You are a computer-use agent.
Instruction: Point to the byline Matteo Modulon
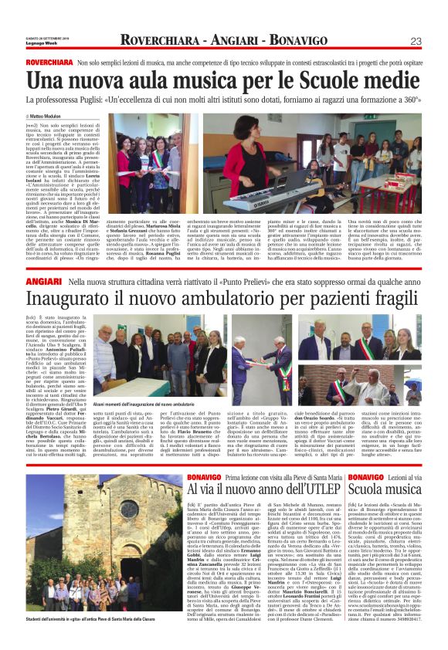pyautogui.click(x=51, y=115)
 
